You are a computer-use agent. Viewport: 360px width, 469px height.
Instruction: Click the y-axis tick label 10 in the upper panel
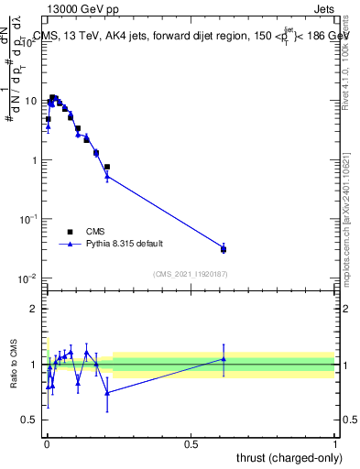coord(31,101)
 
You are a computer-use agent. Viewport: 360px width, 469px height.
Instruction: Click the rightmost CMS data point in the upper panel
coord(224,249)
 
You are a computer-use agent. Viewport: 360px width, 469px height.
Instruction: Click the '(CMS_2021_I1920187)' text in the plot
coord(190,273)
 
